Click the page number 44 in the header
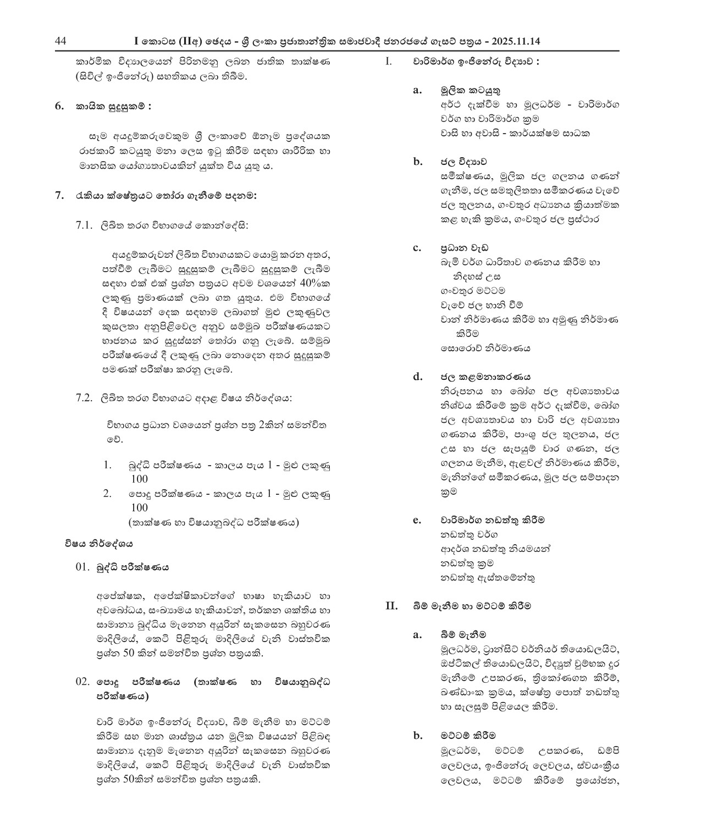tap(61, 41)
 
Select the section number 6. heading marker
tap(60, 107)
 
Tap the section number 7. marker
tap(60, 196)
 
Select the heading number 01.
tap(82, 567)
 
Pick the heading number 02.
tap(82, 682)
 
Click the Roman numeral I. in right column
tap(388, 62)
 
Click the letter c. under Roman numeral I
tap(417, 247)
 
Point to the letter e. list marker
tap(417, 519)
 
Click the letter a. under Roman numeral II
tap(417, 634)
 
